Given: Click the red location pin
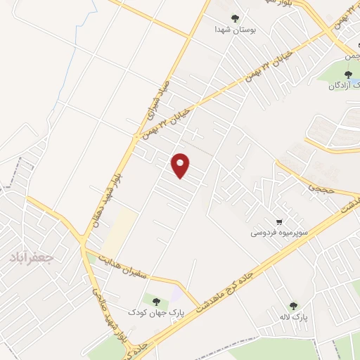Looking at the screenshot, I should tap(181, 165).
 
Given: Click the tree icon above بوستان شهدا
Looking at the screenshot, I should tap(235, 19).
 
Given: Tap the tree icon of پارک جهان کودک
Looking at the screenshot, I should tap(156, 300).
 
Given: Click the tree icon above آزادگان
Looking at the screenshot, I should tap(347, 74).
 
